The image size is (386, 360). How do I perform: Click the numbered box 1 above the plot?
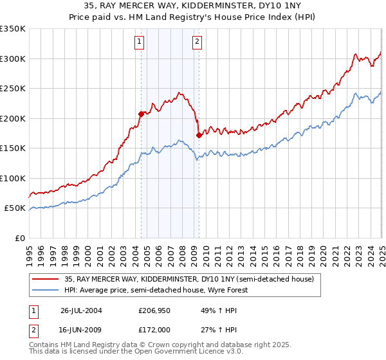(x=140, y=42)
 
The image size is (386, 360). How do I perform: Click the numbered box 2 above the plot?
(x=196, y=42)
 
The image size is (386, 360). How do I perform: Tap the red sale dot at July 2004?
(x=141, y=114)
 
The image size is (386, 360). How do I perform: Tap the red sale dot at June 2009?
(x=199, y=135)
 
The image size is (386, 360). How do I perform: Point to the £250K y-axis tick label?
(x=13, y=89)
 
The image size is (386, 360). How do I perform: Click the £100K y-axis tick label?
(x=13, y=178)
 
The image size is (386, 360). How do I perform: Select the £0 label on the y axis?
(x=20, y=238)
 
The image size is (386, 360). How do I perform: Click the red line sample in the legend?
(x=46, y=280)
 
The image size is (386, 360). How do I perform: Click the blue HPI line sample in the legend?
(x=46, y=291)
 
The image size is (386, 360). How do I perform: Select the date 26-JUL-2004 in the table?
(x=81, y=310)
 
